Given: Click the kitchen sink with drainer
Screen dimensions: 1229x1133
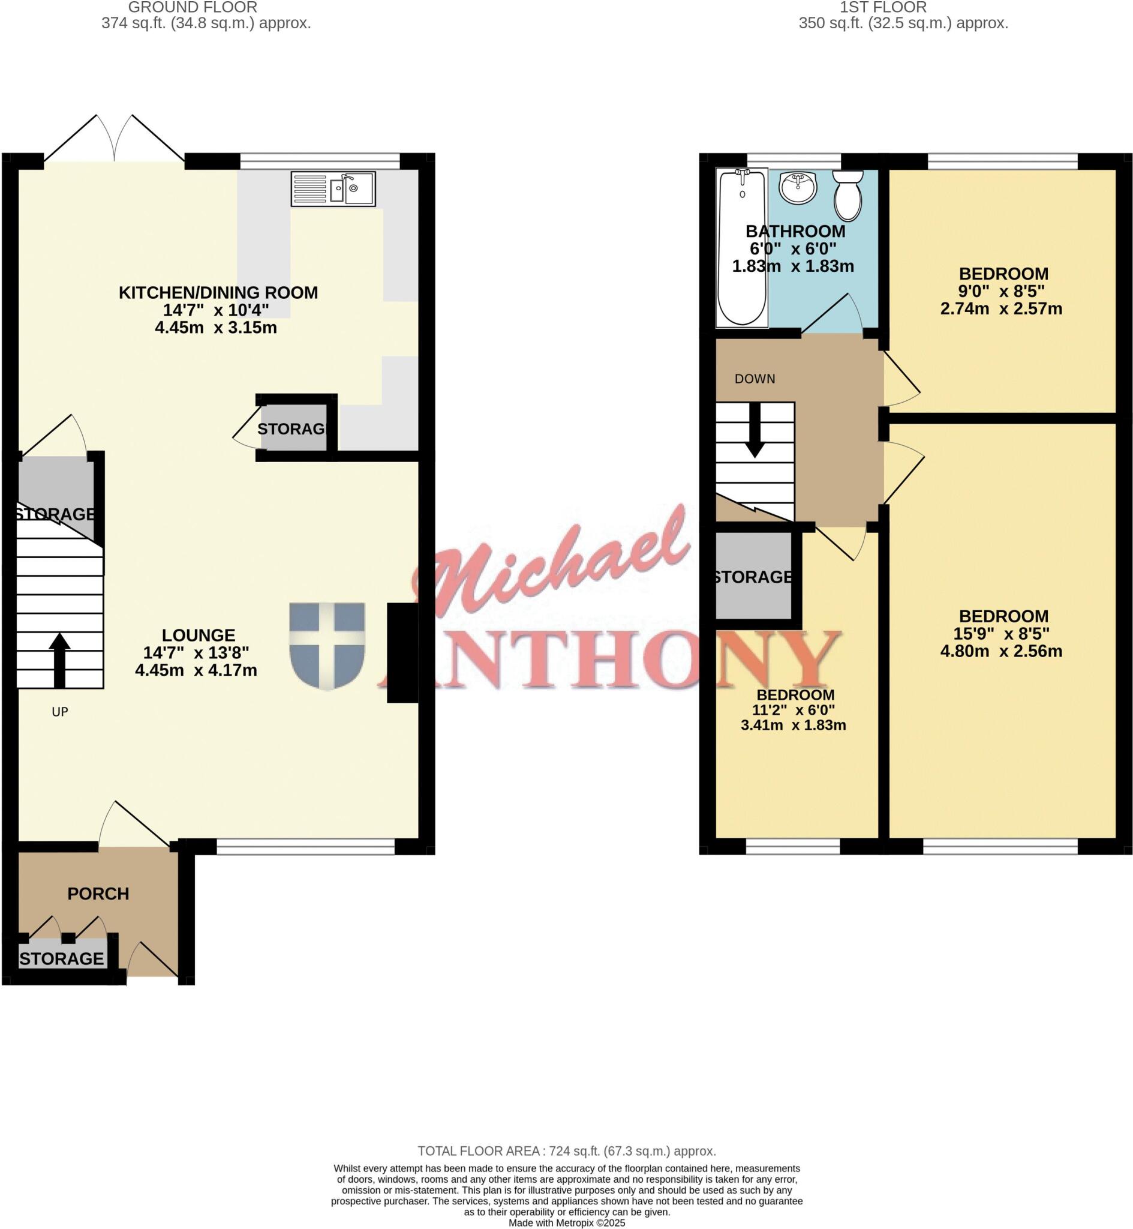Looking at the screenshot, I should (x=333, y=188).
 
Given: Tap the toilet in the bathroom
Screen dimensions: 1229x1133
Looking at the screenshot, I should (x=848, y=196).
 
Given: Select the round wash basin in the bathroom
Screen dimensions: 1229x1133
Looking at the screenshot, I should (x=798, y=187).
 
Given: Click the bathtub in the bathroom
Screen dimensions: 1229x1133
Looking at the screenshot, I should (x=742, y=248).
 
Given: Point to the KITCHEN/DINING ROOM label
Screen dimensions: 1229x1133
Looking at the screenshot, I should (x=218, y=292).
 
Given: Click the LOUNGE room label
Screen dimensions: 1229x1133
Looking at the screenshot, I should (x=199, y=635).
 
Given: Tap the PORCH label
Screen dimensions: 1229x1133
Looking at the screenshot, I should (x=98, y=894).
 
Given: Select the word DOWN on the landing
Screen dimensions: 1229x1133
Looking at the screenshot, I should (x=755, y=379).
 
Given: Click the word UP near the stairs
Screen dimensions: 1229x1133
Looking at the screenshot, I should (x=59, y=712).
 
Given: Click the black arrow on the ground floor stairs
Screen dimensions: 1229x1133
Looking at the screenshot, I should (x=59, y=660).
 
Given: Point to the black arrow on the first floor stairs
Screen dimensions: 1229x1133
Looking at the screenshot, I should (x=755, y=430).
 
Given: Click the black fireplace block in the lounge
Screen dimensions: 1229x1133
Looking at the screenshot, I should (x=402, y=652).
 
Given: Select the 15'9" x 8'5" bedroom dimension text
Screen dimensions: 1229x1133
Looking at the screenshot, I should (x=1001, y=634).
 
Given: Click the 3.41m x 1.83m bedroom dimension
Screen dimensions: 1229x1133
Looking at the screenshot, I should (x=794, y=725).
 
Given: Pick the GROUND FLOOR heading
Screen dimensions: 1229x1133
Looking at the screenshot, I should (x=193, y=7).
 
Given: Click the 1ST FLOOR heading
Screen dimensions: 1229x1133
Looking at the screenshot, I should (x=883, y=7).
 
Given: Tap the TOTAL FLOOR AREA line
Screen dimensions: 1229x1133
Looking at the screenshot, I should (x=566, y=1151).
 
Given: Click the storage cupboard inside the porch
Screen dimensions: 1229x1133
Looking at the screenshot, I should (x=62, y=958).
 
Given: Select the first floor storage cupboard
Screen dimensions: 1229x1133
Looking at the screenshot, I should (x=753, y=577).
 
